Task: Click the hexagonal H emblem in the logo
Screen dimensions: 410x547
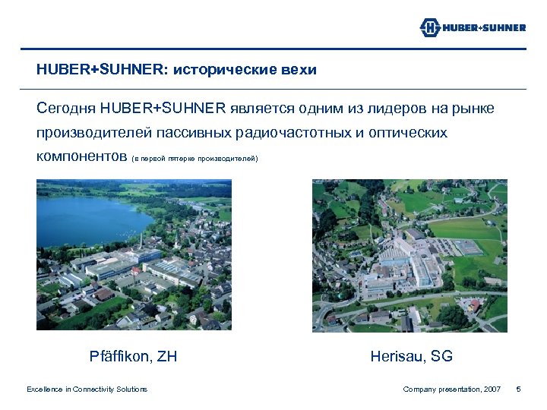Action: point(431,28)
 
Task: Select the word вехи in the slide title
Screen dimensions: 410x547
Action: point(297,70)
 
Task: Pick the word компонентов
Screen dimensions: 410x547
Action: point(81,157)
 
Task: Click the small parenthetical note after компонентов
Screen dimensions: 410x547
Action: point(195,159)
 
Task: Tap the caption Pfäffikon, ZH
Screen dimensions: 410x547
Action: point(133,355)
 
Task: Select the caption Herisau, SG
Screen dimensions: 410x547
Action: point(411,355)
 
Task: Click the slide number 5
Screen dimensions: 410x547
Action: point(518,389)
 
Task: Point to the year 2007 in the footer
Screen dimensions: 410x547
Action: point(491,389)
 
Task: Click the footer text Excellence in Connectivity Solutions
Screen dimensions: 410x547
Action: point(87,389)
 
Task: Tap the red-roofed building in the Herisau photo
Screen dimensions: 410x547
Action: point(476,304)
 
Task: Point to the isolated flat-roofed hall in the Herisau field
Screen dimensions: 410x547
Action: point(469,248)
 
